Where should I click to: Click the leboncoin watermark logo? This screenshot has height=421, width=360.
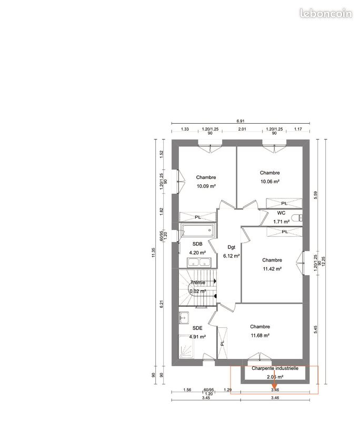(326, 13)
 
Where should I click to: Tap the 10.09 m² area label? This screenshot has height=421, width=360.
(206, 186)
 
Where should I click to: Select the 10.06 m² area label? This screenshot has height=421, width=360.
(270, 182)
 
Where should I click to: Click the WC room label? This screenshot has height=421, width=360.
(281, 213)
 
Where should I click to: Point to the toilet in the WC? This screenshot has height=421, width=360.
(298, 218)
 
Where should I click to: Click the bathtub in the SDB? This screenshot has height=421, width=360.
(198, 230)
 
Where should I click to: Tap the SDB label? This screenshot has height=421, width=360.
(197, 244)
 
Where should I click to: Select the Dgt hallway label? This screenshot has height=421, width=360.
(231, 247)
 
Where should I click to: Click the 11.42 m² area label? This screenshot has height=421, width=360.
(272, 269)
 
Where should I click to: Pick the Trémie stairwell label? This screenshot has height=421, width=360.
(198, 283)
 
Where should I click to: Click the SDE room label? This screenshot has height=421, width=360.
(197, 328)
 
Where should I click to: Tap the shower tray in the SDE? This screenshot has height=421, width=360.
(186, 346)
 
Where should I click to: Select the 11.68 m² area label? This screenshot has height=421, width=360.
(260, 335)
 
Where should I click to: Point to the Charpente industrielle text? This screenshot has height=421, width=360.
(275, 368)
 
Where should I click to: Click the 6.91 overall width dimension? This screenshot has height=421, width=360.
(241, 121)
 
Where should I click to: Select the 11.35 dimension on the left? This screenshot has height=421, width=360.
(154, 253)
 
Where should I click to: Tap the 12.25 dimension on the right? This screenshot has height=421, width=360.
(323, 262)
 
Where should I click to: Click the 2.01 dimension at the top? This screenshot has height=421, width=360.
(242, 129)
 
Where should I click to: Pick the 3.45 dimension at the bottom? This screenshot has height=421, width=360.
(206, 398)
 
